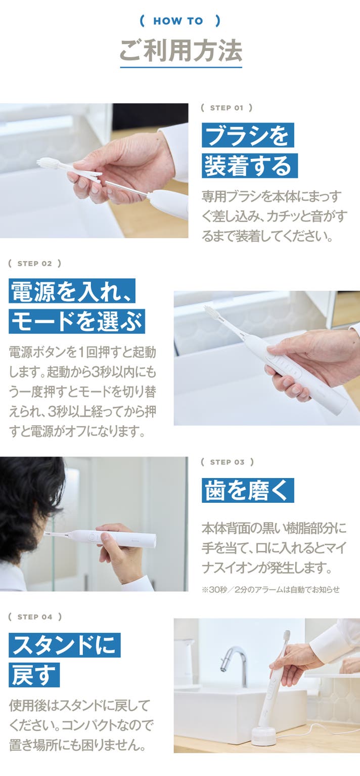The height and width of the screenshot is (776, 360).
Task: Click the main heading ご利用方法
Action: (x=181, y=51)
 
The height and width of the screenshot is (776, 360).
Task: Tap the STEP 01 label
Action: (x=227, y=108)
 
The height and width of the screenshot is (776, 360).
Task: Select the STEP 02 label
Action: (x=34, y=264)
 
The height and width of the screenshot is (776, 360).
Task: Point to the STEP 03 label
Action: (x=227, y=462)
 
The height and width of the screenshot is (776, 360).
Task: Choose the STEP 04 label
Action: (x=35, y=617)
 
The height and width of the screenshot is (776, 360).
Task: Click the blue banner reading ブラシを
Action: (x=248, y=135)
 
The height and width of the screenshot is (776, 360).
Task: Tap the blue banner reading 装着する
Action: (x=250, y=165)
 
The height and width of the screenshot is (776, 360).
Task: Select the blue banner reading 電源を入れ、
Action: (x=72, y=291)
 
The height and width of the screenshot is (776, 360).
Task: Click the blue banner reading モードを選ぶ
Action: (x=77, y=321)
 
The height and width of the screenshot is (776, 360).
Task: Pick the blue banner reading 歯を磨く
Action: (x=248, y=490)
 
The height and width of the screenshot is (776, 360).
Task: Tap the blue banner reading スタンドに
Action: (x=65, y=645)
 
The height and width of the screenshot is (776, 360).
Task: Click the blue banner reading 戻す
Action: (x=34, y=675)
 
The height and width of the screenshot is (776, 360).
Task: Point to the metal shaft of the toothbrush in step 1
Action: (x=127, y=187)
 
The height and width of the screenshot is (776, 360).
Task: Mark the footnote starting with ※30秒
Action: (x=271, y=589)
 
